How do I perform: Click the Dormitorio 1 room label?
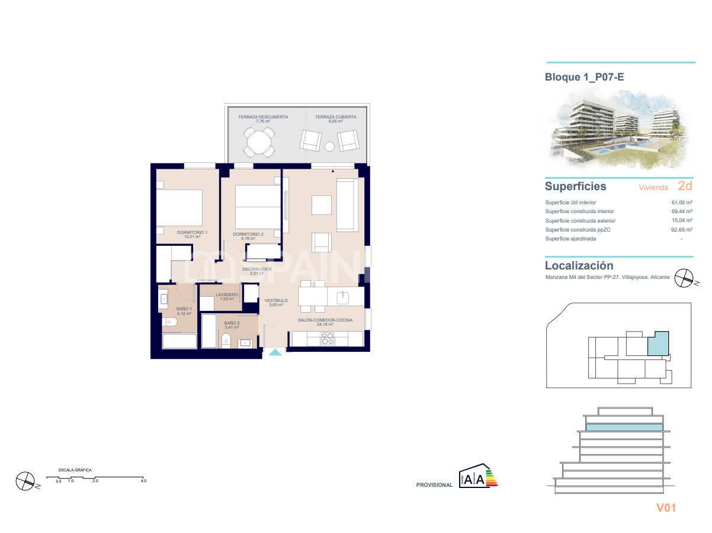tap(192, 233)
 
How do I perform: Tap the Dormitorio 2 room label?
tap(248, 235)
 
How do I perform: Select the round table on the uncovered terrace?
tap(258, 142)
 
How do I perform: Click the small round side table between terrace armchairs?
tap(330, 146)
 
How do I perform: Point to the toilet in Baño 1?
tap(169, 323)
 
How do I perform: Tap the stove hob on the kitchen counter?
tap(328, 339)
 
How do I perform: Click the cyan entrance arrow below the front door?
tap(275, 353)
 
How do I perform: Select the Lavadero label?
tap(227, 295)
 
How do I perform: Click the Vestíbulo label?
tap(276, 301)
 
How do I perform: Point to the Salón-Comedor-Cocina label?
tap(325, 320)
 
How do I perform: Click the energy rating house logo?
tap(475, 477)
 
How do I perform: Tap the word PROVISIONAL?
tap(434, 485)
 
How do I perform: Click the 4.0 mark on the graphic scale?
tap(143, 481)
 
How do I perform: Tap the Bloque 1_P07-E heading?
tap(585, 77)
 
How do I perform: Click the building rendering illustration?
tap(618, 129)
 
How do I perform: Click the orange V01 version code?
tap(666, 508)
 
